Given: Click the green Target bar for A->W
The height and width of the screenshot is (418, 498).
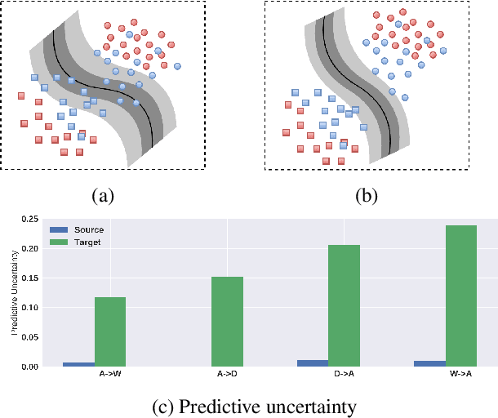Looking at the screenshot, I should point(110,331).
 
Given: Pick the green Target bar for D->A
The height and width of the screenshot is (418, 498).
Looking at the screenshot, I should point(344,305).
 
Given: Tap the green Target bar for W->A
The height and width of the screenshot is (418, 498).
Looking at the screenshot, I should point(460,296).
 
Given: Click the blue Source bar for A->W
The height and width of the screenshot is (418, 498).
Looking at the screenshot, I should point(79,364).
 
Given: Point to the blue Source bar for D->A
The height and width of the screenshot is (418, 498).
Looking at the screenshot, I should point(313,363).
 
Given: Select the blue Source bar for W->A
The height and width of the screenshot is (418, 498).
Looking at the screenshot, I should point(429,363).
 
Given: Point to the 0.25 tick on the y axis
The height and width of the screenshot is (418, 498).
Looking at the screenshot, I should point(30,220).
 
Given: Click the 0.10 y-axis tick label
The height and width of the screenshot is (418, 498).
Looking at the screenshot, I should point(30,308).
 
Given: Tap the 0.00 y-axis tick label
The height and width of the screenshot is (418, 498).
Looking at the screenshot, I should point(30,367).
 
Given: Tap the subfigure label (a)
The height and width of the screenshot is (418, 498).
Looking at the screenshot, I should point(102,194).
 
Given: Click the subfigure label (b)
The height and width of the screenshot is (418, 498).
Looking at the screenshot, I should point(364,194).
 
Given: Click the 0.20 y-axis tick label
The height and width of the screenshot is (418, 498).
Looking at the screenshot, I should point(30,249).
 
